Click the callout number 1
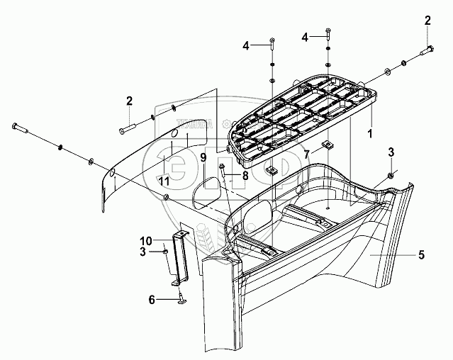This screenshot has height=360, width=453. [370, 133]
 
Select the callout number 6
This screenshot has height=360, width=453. [152, 300]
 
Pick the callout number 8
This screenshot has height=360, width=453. [245, 174]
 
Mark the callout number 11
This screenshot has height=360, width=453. [164, 181]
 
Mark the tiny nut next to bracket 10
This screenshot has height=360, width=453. [164, 249]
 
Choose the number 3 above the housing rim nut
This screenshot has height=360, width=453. [391, 152]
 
